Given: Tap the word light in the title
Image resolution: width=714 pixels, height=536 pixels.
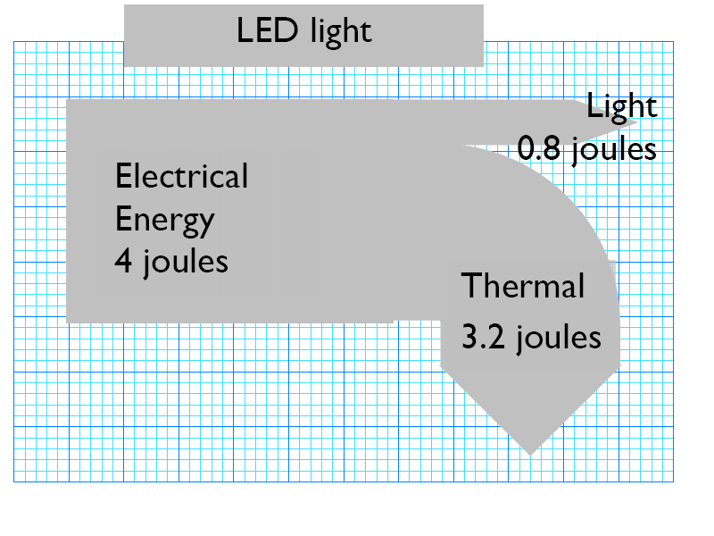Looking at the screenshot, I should (340, 32).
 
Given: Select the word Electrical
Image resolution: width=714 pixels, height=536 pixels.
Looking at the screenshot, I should (181, 176).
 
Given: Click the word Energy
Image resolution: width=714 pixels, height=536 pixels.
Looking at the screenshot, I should (164, 220).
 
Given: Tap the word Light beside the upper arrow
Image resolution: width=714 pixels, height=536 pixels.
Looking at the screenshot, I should (621, 106).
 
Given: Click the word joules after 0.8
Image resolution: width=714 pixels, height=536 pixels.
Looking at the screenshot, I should (614, 148).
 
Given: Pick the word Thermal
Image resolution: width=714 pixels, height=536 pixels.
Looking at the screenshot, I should (522, 287).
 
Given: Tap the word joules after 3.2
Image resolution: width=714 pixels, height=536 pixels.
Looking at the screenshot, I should (557, 338).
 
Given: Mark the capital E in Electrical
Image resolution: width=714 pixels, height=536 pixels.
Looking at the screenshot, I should (123, 176).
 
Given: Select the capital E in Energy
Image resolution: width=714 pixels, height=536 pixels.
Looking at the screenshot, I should (123, 219).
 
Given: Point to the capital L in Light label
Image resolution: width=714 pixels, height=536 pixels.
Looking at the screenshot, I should (594, 106).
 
